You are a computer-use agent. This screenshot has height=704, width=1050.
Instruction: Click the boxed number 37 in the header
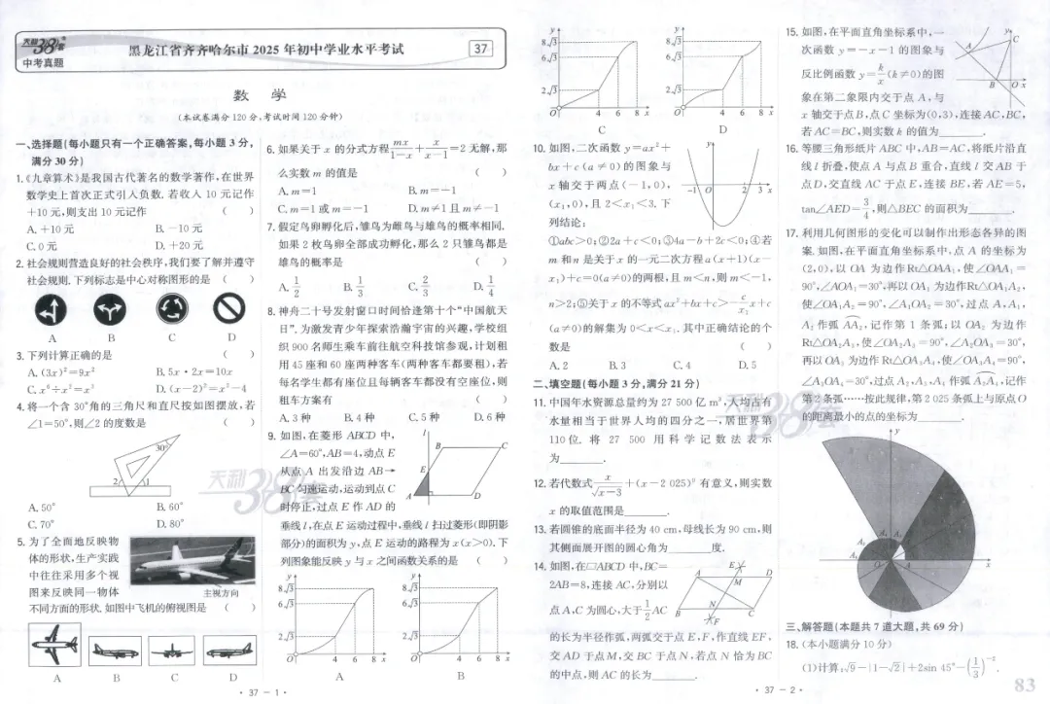click(480, 49)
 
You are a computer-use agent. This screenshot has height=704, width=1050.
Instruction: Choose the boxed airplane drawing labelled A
click(55, 644)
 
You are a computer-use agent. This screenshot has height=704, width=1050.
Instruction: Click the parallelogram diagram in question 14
click(718, 596)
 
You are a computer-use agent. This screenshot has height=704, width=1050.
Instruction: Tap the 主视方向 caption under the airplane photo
click(221, 592)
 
